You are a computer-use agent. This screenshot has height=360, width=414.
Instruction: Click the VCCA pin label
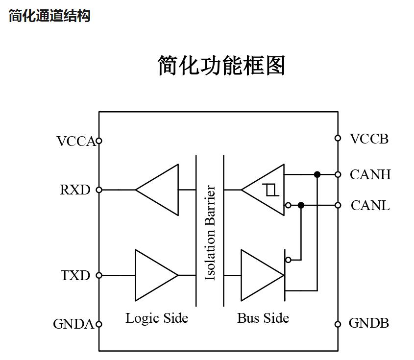pyautogui.click(x=76, y=142)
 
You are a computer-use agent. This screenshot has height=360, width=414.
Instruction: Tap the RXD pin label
pyautogui.click(x=75, y=190)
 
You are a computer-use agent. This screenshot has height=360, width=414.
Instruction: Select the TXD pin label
pyautogui.click(x=75, y=276)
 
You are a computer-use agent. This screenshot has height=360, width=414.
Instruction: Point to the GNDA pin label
pyautogui.click(x=73, y=324)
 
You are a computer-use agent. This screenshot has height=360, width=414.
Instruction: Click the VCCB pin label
pyautogui.click(x=369, y=139)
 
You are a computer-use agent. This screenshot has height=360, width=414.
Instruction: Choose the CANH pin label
pyautogui.click(x=370, y=175)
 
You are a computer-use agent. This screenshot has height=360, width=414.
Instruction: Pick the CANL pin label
pyautogui.click(x=370, y=206)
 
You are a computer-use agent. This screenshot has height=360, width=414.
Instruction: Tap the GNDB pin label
pyautogui.click(x=368, y=323)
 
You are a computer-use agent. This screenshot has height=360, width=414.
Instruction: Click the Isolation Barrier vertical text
pyautogui.click(x=210, y=233)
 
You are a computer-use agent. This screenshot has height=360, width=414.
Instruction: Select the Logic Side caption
pyautogui.click(x=157, y=318)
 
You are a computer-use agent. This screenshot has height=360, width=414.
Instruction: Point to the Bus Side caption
pyautogui.click(x=263, y=318)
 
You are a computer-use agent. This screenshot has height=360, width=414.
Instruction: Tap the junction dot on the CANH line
pyautogui.click(x=317, y=174)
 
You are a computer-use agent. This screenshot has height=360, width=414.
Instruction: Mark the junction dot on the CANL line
pyautogui.click(x=301, y=205)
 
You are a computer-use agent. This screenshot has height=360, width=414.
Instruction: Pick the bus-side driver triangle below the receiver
pyautogui.click(x=260, y=275)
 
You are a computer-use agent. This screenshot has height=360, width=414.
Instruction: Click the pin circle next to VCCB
pyautogui.click(x=338, y=138)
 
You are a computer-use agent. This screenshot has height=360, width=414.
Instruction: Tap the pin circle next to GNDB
pyautogui.click(x=338, y=324)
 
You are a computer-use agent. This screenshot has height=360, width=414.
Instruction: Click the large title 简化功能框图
pyautogui.click(x=221, y=66)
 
